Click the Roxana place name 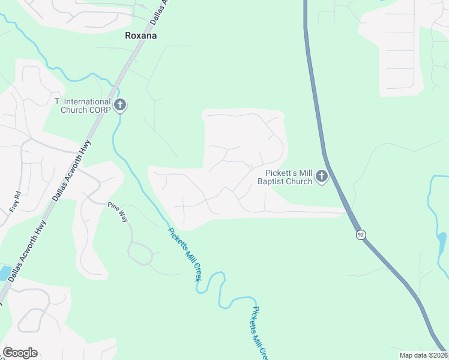[140, 35]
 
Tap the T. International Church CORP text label [82, 106]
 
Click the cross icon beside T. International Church [120, 106]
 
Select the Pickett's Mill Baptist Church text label [285, 177]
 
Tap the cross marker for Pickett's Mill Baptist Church [322, 177]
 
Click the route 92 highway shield [360, 235]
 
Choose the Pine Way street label [118, 212]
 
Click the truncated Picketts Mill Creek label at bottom [258, 334]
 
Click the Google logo [20, 353]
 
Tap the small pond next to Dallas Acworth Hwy [4, 274]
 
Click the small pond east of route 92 [442, 242]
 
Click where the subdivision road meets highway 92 [348, 211]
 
